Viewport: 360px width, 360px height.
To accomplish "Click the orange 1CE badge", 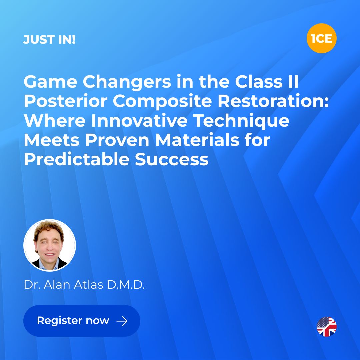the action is [321, 38].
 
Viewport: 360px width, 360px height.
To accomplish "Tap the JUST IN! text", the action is [49, 39].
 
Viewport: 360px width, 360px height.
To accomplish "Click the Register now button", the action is [82, 321].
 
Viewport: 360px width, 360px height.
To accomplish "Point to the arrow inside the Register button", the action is [122, 321].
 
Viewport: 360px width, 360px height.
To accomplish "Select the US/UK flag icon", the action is [326, 327].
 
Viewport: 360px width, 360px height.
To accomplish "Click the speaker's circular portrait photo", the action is [50, 245].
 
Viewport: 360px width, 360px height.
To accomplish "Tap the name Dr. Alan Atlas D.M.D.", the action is [84, 285].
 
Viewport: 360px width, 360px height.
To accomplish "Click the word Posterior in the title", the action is [66, 101].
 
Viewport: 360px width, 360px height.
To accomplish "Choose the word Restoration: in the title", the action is [273, 101].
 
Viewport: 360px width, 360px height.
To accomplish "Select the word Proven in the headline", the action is [117, 140].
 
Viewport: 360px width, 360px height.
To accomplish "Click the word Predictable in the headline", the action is [76, 159].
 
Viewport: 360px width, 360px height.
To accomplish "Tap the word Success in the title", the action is [172, 160].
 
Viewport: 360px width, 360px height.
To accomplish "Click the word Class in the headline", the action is [259, 82].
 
